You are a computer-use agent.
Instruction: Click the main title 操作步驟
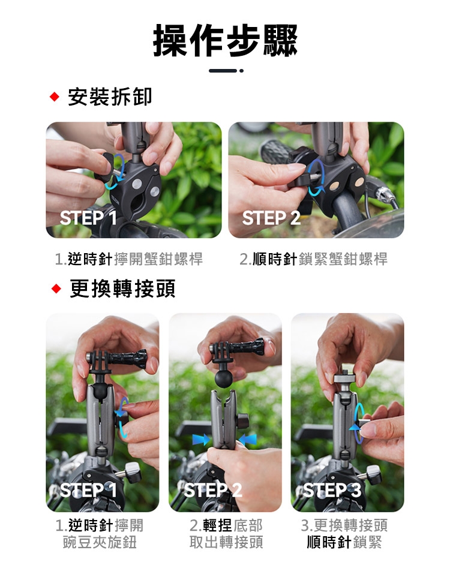point(225,41)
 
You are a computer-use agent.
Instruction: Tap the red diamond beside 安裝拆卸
point(55,97)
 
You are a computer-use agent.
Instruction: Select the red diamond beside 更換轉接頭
point(56,288)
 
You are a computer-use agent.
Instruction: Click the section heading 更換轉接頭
point(122,288)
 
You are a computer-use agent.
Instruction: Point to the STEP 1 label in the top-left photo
point(88,218)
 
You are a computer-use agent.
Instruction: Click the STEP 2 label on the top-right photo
point(271,218)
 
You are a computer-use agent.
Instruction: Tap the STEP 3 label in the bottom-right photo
point(332,490)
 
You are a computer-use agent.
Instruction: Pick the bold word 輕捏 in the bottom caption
point(217,525)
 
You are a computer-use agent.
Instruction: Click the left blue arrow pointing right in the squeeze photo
point(201,440)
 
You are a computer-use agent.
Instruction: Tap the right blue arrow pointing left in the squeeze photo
point(247,440)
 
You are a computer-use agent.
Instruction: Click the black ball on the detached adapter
point(224,378)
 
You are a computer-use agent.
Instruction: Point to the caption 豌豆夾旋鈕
point(100,542)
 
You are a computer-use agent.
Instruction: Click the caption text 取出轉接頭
point(226,542)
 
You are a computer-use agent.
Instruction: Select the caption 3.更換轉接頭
point(344,525)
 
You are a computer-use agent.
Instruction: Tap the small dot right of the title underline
point(241,71)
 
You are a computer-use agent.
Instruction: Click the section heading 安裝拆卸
point(110,97)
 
